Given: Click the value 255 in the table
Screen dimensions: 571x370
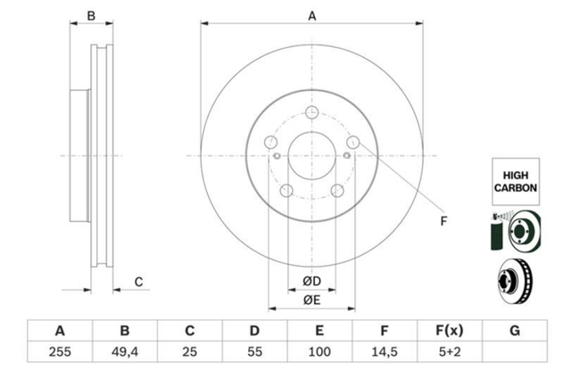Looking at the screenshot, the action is click(60, 352).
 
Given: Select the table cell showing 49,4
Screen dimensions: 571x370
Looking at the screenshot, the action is click(125, 352).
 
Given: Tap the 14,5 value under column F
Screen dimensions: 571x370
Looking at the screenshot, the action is click(385, 352).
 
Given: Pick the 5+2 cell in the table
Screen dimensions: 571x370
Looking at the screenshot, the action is click(450, 352).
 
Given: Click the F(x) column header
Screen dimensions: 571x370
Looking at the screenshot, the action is click(450, 331).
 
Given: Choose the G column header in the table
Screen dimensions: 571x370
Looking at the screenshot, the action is click(515, 331).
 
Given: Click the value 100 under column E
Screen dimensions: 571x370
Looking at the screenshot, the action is click(319, 352).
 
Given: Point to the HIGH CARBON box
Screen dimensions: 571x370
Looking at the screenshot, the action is click(516, 182).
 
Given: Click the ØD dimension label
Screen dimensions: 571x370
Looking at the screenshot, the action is click(311, 281).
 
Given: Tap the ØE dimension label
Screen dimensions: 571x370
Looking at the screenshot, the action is click(311, 300).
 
